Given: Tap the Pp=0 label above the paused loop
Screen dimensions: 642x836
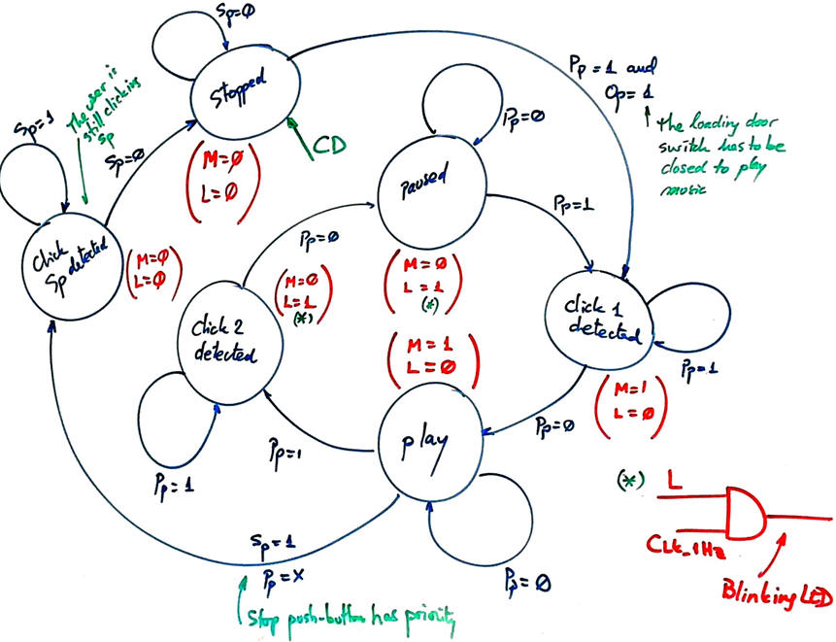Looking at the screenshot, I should [x=522, y=114].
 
